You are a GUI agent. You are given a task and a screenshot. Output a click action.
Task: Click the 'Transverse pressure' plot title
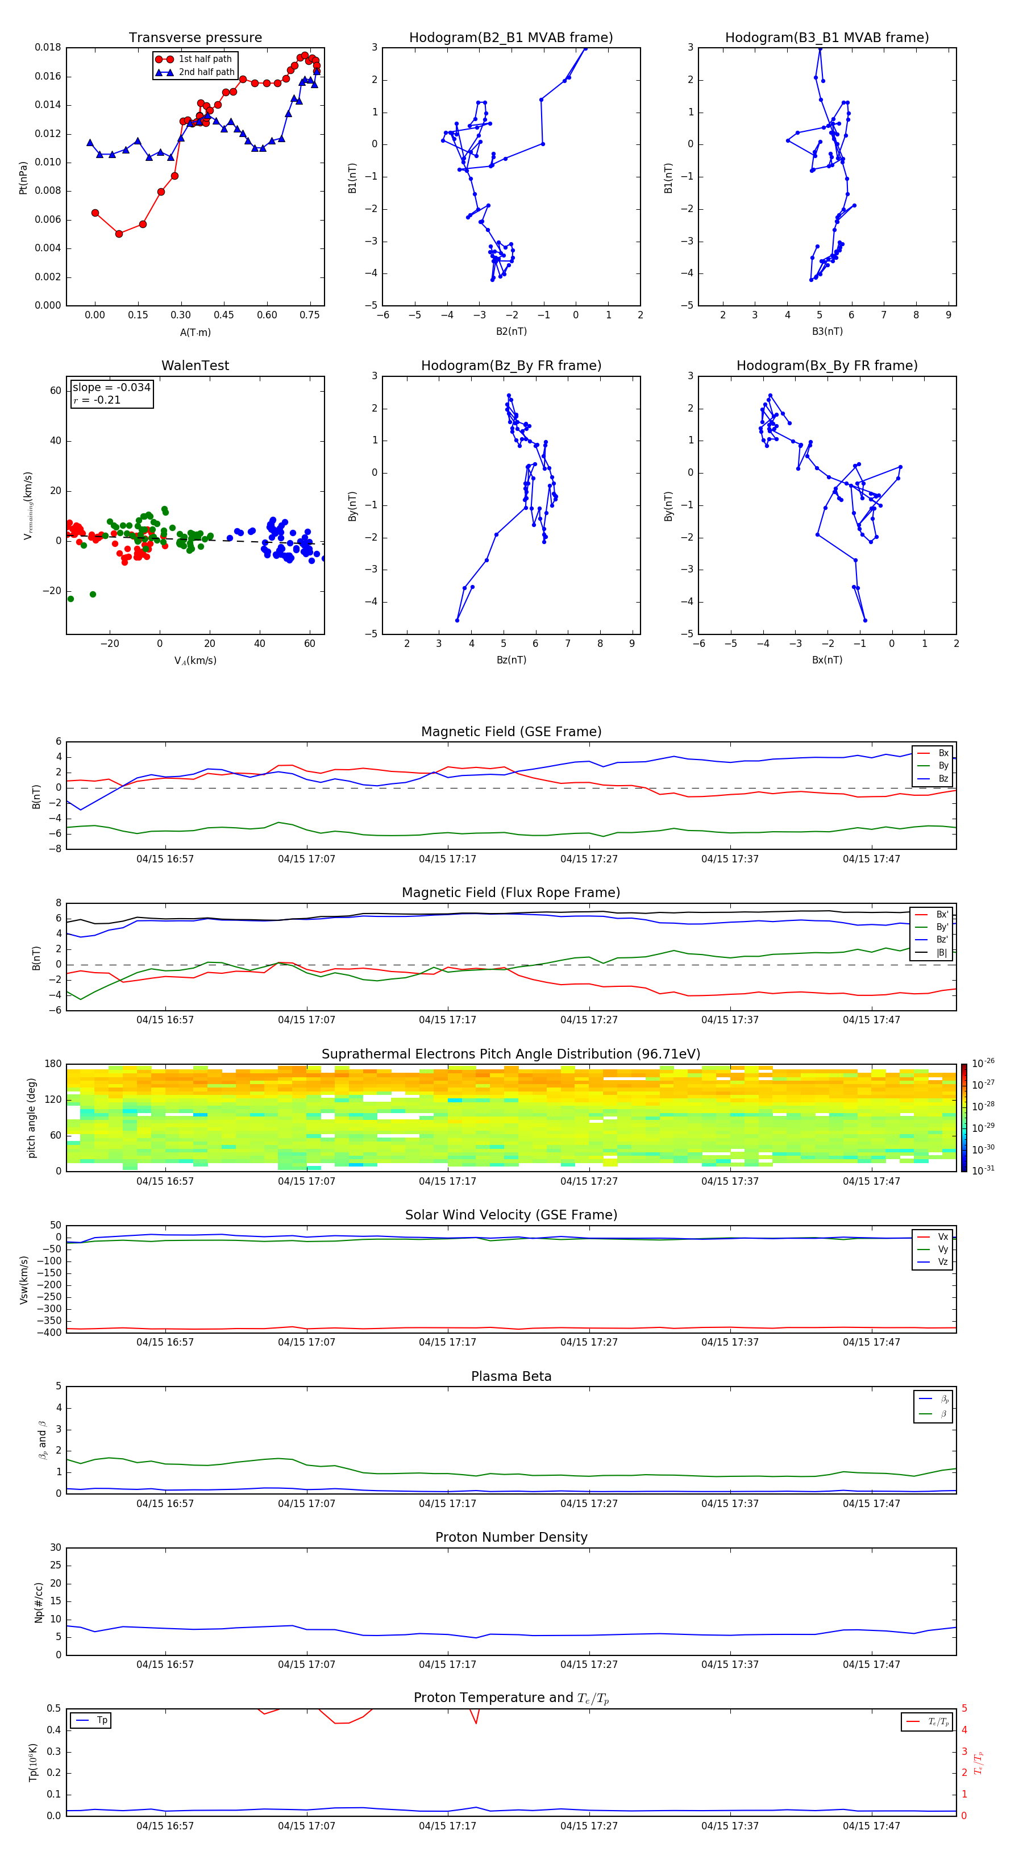click(x=195, y=38)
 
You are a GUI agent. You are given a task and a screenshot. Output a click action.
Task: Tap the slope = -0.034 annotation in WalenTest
click(x=111, y=388)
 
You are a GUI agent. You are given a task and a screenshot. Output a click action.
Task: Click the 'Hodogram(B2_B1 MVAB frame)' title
click(x=510, y=38)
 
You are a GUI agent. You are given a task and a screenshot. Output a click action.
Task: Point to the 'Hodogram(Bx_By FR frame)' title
click(x=826, y=366)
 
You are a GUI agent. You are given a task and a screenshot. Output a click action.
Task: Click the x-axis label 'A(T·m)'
click(x=195, y=333)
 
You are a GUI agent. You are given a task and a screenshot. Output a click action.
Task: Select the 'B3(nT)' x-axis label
click(x=827, y=331)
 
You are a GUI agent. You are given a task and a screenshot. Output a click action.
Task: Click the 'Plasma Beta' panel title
click(x=511, y=1376)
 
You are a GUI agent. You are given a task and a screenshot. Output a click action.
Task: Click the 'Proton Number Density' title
click(x=511, y=1537)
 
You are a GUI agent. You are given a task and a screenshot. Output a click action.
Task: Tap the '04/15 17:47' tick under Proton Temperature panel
click(x=871, y=1826)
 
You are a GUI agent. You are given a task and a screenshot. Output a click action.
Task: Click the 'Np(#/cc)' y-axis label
click(x=39, y=1602)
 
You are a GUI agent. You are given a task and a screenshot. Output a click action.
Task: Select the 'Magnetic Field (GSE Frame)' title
click(x=511, y=732)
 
